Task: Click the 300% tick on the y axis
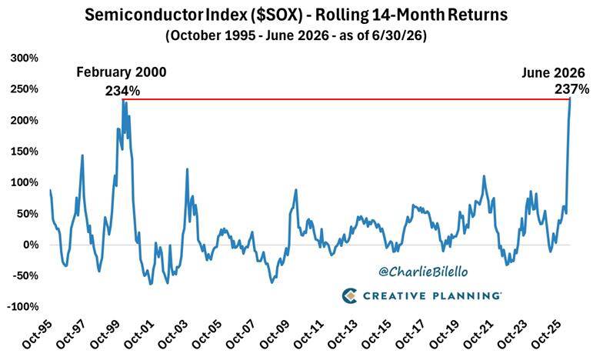(24, 58)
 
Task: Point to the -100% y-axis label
(23, 307)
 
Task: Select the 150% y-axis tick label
(24, 152)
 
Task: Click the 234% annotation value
(122, 91)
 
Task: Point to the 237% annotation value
(571, 89)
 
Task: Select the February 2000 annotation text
(122, 72)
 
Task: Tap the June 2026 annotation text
(553, 72)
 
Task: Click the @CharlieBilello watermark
(423, 272)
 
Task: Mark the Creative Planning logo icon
(349, 295)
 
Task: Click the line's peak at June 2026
(570, 99)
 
